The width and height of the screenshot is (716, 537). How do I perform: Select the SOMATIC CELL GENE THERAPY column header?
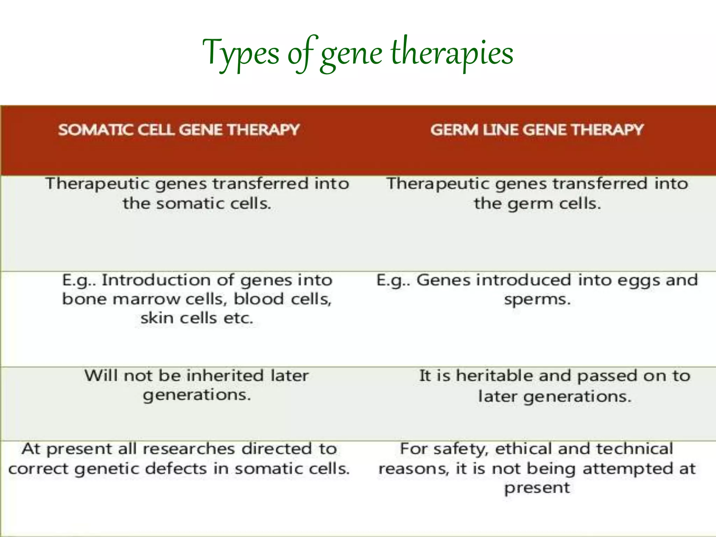tap(179, 130)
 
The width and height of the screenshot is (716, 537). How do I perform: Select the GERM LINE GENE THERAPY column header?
tap(537, 130)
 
